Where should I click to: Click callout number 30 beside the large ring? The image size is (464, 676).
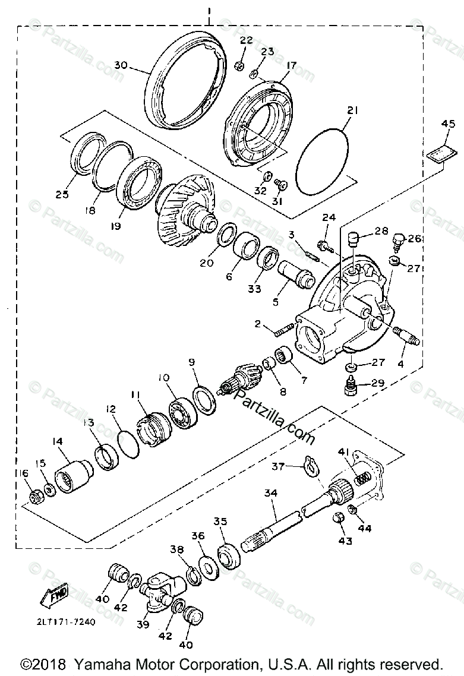[121, 65]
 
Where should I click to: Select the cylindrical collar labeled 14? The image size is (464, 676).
[74, 474]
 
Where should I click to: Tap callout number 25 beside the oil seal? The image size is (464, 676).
[62, 195]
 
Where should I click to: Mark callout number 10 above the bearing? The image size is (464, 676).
[163, 378]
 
